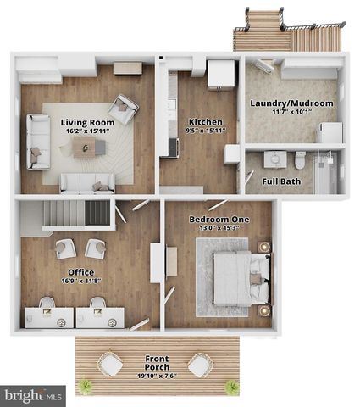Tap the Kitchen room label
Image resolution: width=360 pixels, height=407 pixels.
click(x=205, y=121)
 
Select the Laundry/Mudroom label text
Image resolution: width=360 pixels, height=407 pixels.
click(x=291, y=103)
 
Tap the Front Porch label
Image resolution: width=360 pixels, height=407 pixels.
click(x=156, y=359)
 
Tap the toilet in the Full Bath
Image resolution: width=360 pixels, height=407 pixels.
click(x=300, y=159)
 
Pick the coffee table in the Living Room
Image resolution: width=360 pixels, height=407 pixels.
click(x=88, y=148)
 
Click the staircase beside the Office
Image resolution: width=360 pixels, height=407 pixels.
click(x=76, y=214)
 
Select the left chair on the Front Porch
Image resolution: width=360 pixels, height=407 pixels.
click(x=109, y=365)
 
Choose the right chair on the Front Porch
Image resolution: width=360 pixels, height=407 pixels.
click(x=200, y=365)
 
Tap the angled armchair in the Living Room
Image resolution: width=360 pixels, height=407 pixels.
click(x=125, y=109)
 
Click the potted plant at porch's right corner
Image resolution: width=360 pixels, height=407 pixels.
click(x=229, y=387)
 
